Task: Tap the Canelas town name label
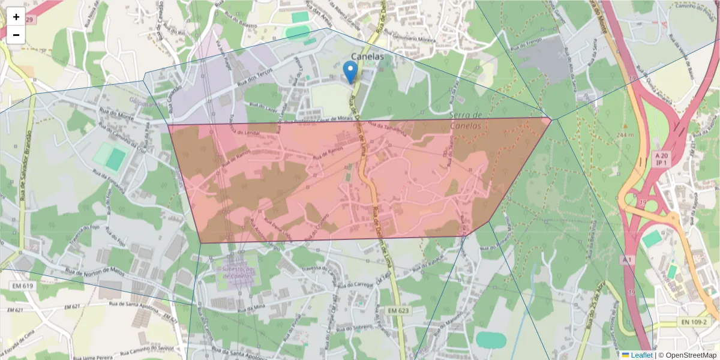click(x=367, y=56)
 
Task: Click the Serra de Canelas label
click(x=466, y=121)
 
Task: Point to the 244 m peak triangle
click(x=625, y=126)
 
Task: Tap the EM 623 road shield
click(x=398, y=310)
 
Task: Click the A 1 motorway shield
click(x=628, y=260)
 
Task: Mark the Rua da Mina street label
click(x=251, y=307)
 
